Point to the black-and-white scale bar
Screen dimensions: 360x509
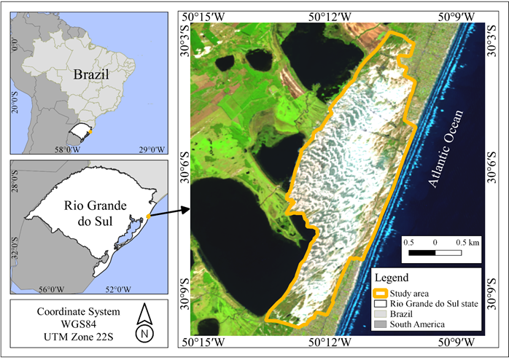click(435, 252)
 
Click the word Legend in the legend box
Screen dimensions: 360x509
click(394, 278)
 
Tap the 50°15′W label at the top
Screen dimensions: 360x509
click(211, 16)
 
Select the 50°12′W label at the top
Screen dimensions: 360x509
click(333, 16)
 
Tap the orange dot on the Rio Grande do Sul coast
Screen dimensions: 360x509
click(147, 216)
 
